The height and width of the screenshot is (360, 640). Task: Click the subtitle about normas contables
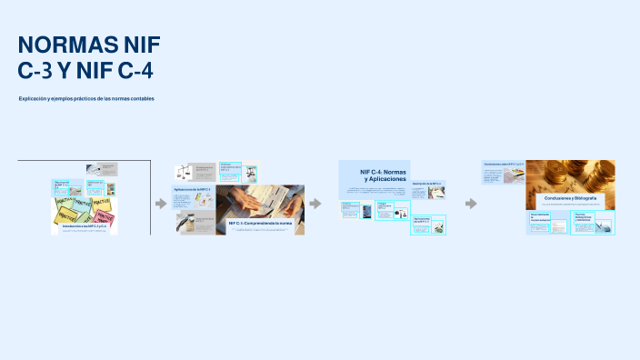(86, 98)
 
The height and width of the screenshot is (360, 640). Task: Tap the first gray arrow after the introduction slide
(161, 204)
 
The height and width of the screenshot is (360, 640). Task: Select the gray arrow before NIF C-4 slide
(315, 204)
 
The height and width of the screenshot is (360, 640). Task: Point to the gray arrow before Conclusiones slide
(471, 204)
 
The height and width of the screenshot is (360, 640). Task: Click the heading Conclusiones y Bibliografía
(570, 197)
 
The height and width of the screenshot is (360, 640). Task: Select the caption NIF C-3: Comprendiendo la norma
(260, 222)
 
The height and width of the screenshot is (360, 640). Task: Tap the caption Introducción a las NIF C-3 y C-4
(85, 225)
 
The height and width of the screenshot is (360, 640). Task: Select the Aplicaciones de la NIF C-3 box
(192, 189)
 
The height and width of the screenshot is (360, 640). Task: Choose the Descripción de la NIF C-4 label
(426, 184)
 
